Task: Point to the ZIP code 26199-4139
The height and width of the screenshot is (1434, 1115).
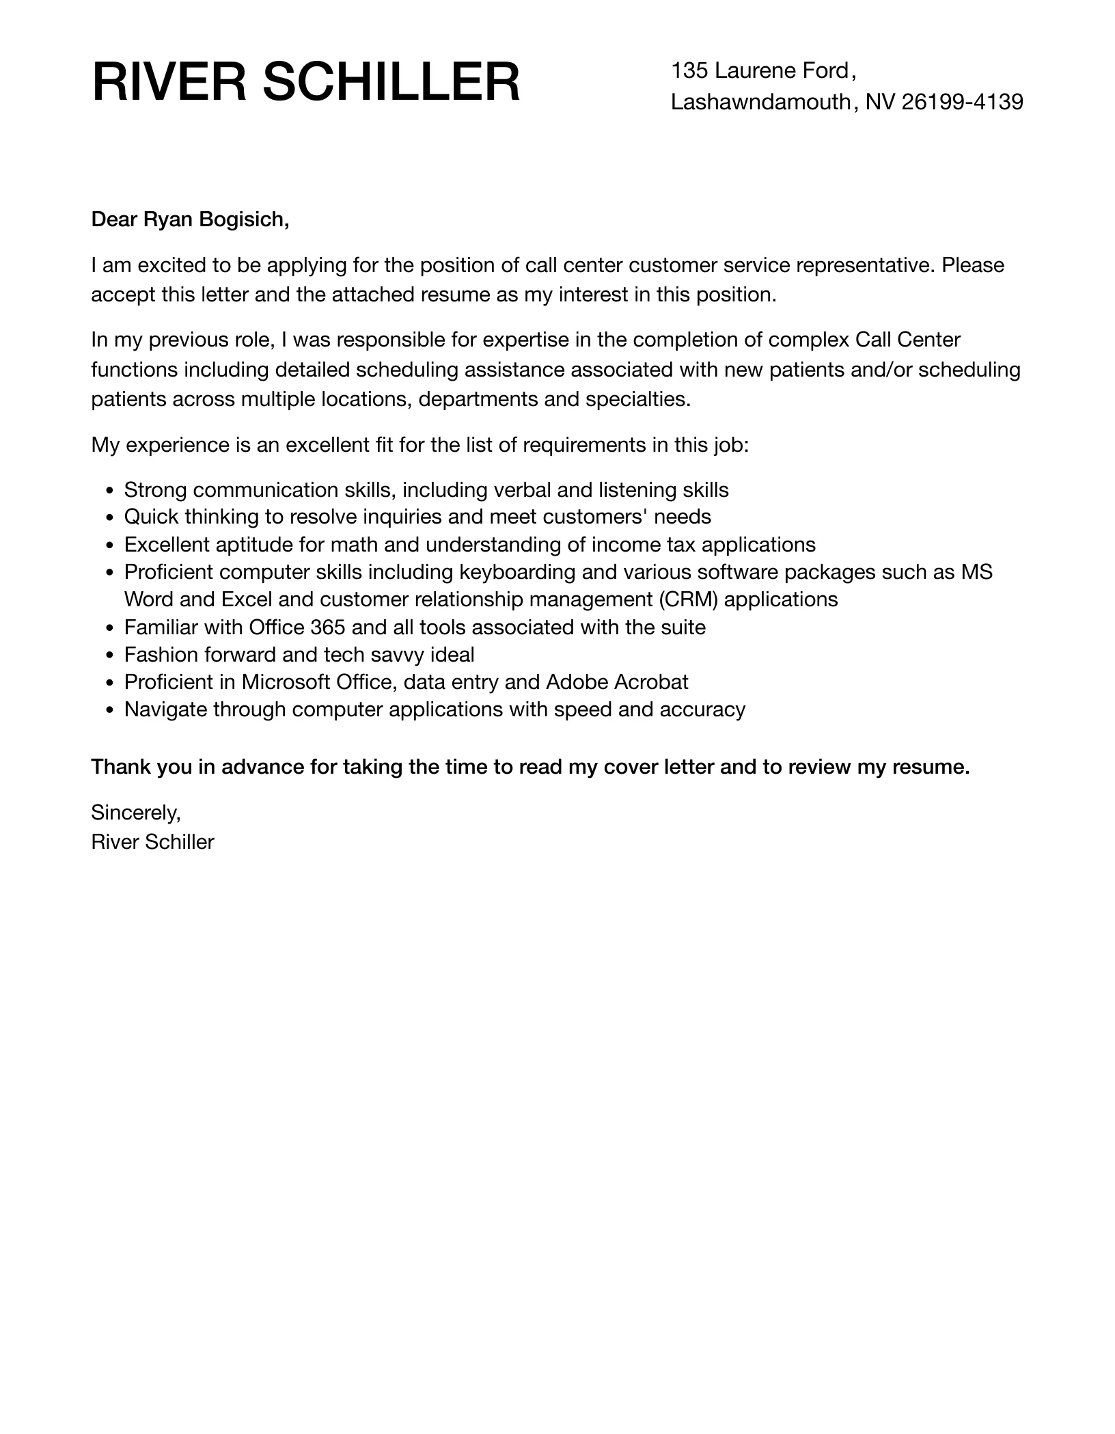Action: pos(963,102)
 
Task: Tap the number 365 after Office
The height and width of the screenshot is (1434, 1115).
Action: pos(327,627)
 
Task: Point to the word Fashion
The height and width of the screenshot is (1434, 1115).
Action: pos(161,655)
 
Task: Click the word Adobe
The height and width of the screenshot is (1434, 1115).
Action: pos(577,682)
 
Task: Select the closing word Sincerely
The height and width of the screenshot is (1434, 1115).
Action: pos(136,813)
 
